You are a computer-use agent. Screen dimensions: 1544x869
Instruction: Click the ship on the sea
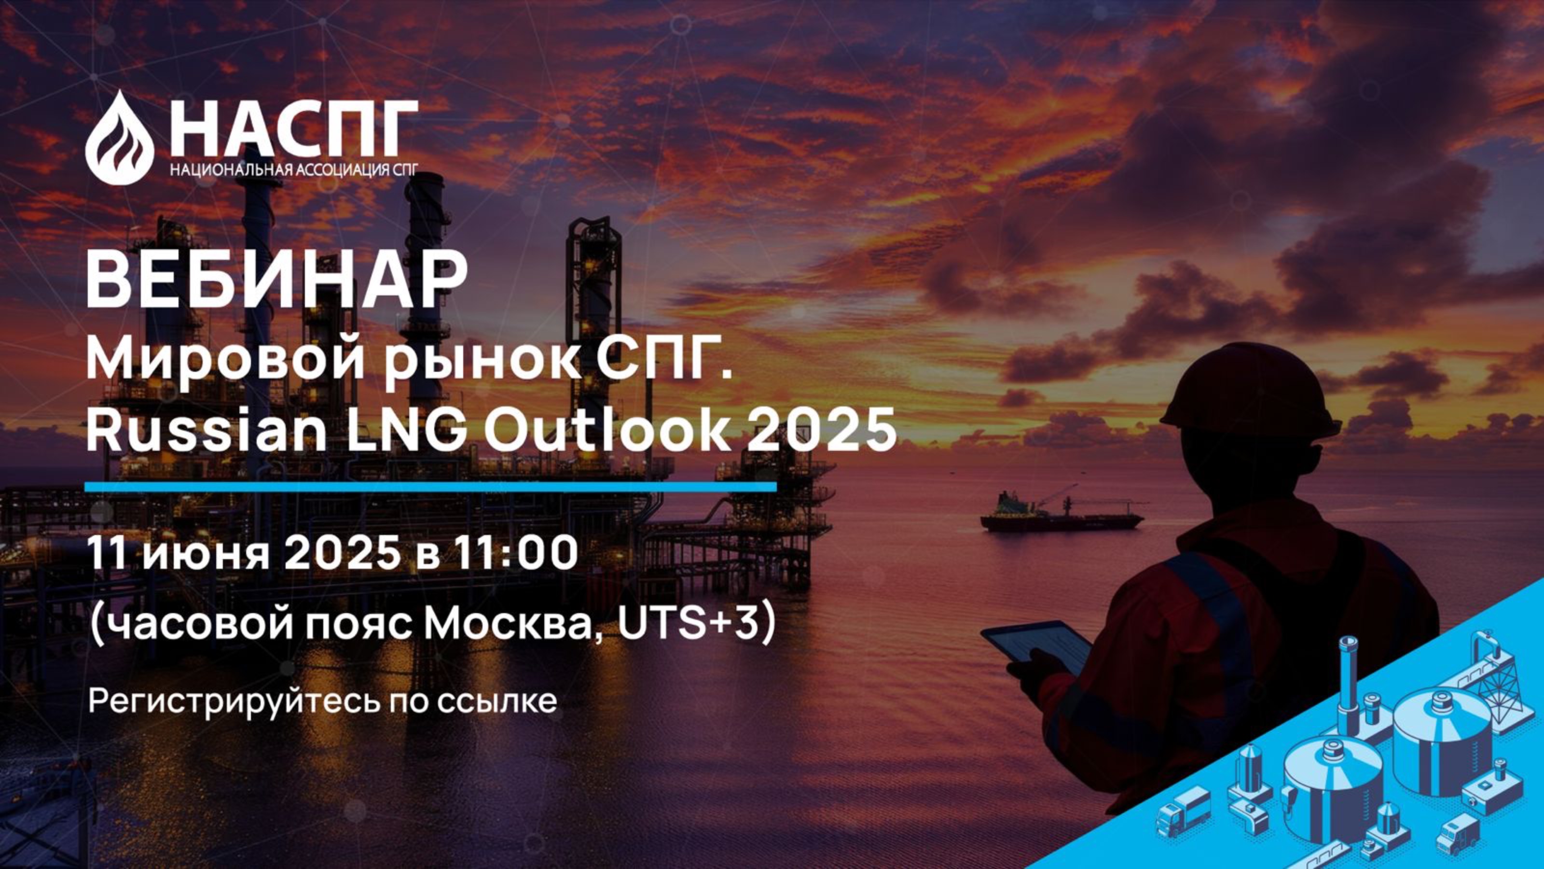(1061, 515)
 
